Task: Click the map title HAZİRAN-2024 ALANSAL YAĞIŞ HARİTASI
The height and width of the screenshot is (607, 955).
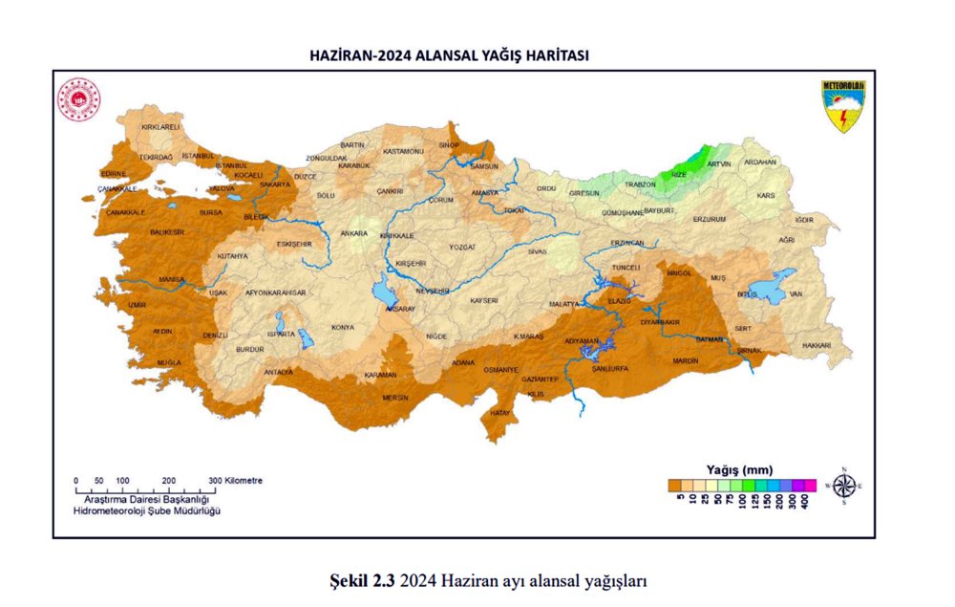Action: pyautogui.click(x=449, y=56)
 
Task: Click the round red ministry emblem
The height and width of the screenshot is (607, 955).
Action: pyautogui.click(x=78, y=98)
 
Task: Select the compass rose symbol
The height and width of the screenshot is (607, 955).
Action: pyautogui.click(x=843, y=486)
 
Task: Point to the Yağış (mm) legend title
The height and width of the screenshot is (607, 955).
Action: pyautogui.click(x=739, y=468)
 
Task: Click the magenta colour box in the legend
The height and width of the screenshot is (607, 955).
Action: pyautogui.click(x=810, y=486)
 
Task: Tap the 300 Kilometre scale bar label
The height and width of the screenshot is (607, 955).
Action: pyautogui.click(x=237, y=480)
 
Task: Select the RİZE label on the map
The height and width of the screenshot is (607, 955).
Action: pyautogui.click(x=678, y=175)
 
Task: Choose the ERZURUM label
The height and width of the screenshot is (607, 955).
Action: pyautogui.click(x=710, y=219)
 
